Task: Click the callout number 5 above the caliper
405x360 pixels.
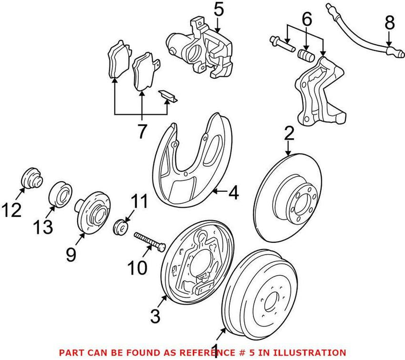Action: (x=218, y=9)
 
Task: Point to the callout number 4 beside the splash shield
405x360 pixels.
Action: (x=233, y=193)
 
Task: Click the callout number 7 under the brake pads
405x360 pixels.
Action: (x=141, y=132)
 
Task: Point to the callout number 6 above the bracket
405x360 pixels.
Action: (x=306, y=20)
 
